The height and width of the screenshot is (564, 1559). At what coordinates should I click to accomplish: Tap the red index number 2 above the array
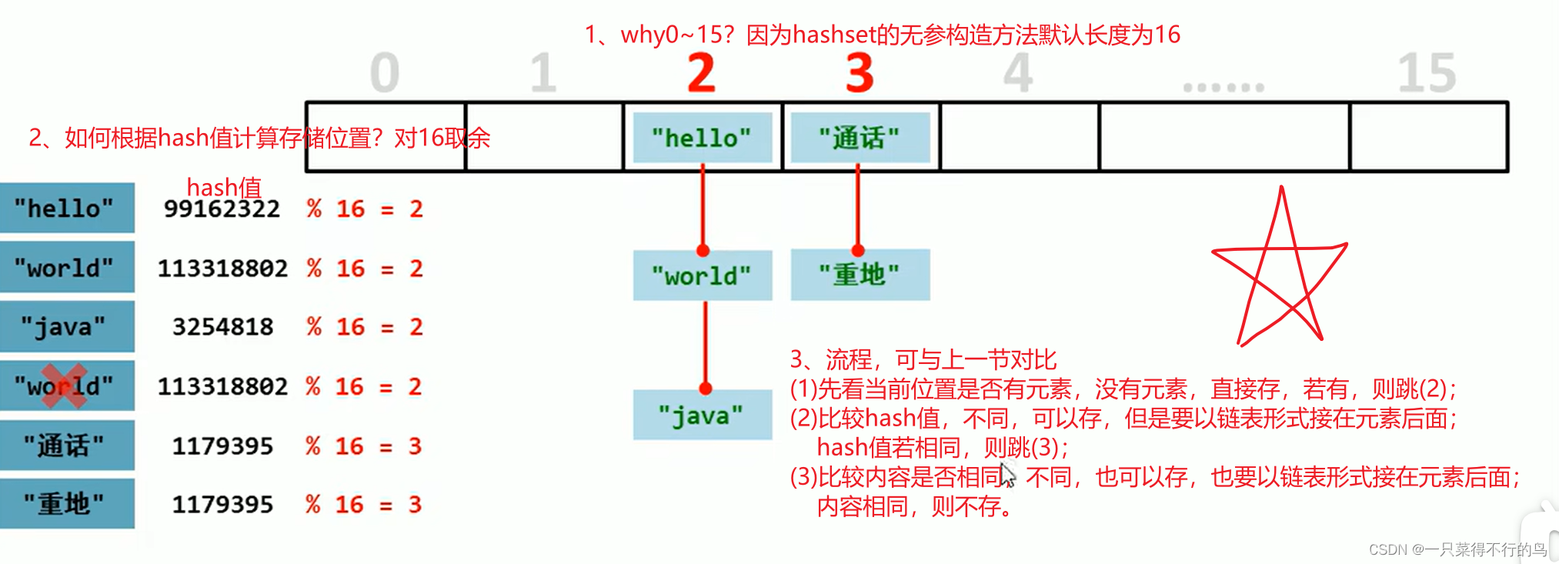(701, 74)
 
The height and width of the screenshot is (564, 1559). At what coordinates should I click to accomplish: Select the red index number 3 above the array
(860, 74)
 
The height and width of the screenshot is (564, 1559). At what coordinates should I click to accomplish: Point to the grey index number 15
(1426, 74)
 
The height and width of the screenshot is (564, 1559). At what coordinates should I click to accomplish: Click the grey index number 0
(385, 74)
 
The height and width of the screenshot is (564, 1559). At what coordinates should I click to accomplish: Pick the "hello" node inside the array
(702, 138)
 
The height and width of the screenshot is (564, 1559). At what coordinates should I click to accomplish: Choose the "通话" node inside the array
(860, 138)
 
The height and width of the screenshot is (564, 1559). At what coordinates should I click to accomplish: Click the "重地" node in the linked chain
(860, 275)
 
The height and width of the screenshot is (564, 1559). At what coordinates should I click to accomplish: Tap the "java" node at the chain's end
(702, 415)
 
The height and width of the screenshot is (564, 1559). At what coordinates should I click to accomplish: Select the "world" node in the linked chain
(702, 275)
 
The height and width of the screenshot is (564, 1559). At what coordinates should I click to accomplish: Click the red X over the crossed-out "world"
(65, 385)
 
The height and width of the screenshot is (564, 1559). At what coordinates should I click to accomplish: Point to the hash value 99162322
(222, 209)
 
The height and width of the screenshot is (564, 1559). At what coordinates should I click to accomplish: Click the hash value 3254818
(222, 327)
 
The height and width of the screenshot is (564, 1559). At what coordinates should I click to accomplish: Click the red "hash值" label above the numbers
(224, 187)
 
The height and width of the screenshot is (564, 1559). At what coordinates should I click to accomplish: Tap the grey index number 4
(1018, 74)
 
